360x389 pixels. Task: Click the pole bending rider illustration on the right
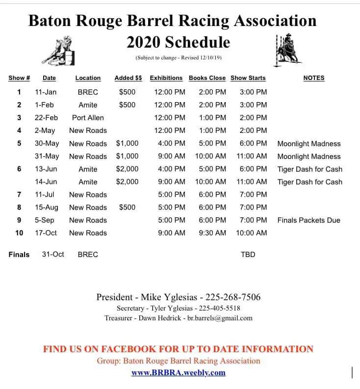tap(286, 50)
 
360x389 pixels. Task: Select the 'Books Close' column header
tap(207, 78)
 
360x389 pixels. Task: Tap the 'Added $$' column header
tap(128, 78)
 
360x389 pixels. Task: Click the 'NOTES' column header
tap(313, 78)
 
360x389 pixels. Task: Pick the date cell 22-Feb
tap(46, 118)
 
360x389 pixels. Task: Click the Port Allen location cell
tap(88, 118)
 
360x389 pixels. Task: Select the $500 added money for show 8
tap(127, 207)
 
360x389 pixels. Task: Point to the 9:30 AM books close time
tap(212, 233)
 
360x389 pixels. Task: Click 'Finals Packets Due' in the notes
tap(309, 220)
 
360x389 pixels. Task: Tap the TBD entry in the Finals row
tap(248, 255)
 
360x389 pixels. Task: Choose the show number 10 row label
tap(19, 233)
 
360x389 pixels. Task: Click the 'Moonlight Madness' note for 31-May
tap(309, 156)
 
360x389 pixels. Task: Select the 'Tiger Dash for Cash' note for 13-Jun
tap(309, 169)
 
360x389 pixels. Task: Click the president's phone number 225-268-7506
tap(233, 297)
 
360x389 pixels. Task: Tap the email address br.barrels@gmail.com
tap(220, 318)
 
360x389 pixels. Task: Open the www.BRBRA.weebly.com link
tap(179, 372)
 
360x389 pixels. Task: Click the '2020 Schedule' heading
tap(178, 42)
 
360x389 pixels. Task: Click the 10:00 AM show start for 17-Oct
tap(251, 233)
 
